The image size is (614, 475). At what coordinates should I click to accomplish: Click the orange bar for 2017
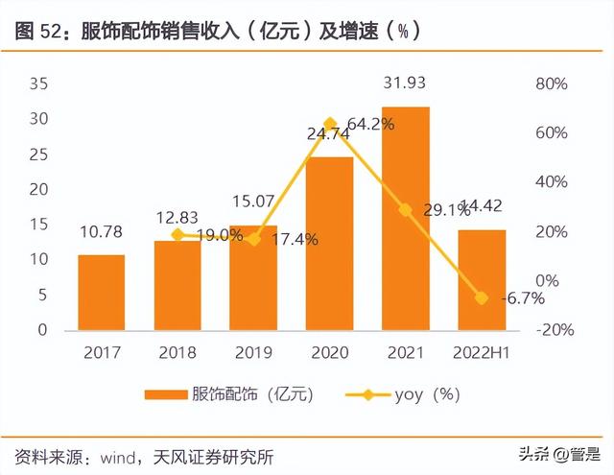tap(102, 293)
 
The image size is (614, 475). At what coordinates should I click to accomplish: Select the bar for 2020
tap(329, 244)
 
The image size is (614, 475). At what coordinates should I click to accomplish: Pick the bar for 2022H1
tap(481, 280)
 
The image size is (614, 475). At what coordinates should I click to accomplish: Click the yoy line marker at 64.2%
tap(330, 124)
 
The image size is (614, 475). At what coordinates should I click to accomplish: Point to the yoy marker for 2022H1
tap(481, 297)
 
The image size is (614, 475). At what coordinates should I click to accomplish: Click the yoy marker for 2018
tap(177, 234)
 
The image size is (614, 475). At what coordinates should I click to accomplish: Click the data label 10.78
tap(102, 232)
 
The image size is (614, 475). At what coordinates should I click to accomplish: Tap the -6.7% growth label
tap(523, 298)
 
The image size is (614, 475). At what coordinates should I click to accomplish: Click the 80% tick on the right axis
tap(551, 83)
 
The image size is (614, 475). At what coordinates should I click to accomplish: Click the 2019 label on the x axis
tap(253, 352)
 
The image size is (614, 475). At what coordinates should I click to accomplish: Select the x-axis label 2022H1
tap(481, 352)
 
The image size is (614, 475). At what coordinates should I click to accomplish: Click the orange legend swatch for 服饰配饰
tap(164, 394)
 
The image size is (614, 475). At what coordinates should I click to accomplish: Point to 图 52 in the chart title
tap(36, 32)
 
